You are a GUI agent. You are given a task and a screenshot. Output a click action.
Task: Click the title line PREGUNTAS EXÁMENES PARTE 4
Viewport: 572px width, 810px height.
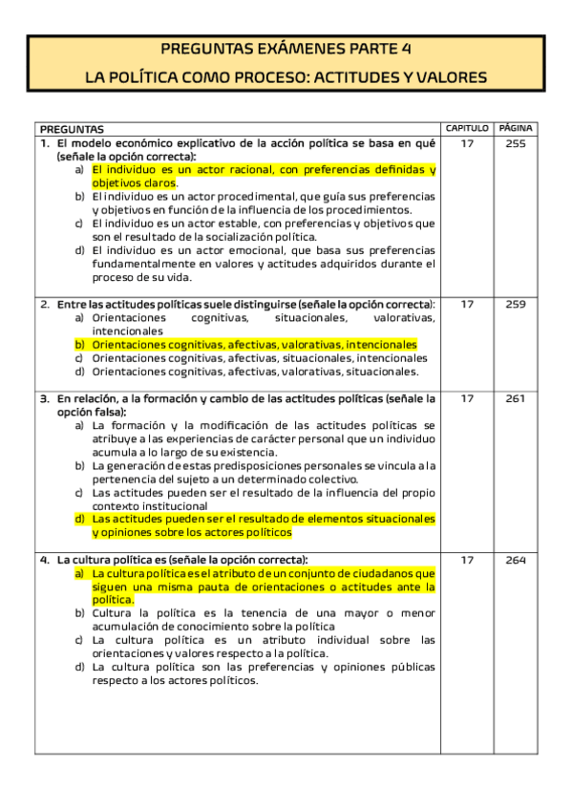point(286,50)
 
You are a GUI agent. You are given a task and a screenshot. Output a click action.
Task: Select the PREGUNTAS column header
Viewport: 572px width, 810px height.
point(72,129)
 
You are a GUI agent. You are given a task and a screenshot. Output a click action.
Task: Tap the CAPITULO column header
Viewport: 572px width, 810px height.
point(467,128)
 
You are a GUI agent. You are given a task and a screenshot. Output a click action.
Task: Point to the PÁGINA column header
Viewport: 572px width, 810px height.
point(516,128)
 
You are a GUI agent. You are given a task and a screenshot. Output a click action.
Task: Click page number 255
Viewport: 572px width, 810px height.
point(516,143)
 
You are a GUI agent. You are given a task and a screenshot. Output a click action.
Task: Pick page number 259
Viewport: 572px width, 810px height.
point(516,304)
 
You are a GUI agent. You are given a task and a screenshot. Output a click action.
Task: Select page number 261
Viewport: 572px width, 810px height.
point(516,398)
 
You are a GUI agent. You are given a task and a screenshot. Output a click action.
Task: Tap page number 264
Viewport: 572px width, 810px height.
point(516,560)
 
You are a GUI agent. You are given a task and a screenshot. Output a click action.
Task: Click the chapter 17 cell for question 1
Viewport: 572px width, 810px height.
point(467,143)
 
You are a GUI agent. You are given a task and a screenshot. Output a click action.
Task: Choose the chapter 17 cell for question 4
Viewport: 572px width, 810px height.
point(467,560)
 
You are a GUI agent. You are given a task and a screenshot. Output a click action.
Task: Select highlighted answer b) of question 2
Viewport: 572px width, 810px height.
point(254,344)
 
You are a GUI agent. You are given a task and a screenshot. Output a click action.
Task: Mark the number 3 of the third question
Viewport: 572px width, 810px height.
point(44,398)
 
